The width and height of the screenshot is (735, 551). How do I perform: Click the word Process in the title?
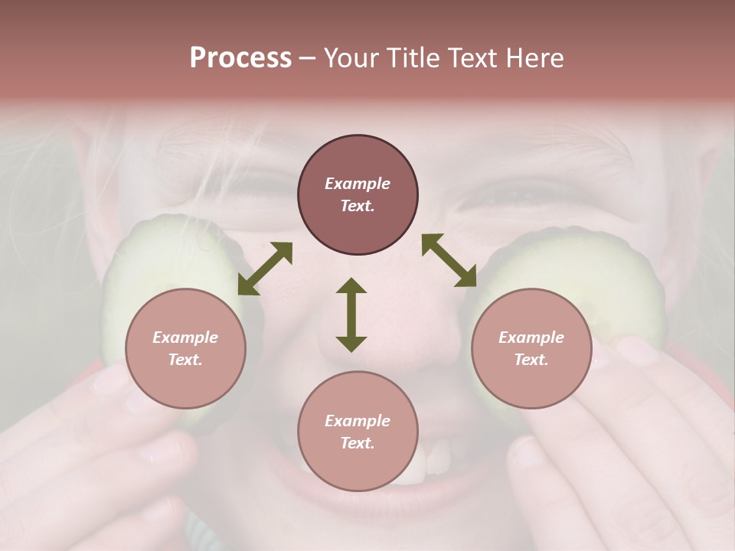(240, 58)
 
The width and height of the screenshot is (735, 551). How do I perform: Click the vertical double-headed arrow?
(351, 315)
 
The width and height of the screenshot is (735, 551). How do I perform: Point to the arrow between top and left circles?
(265, 269)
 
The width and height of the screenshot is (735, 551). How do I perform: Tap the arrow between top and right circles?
(449, 260)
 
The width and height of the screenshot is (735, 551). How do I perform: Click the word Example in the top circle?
(358, 184)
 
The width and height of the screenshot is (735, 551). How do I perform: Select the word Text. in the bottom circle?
(358, 443)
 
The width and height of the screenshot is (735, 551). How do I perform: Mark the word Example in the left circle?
(185, 337)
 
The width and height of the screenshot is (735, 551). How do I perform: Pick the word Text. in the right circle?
(531, 360)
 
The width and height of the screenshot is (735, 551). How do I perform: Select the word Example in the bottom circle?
(358, 421)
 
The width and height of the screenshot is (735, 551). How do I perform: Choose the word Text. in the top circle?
(358, 206)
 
